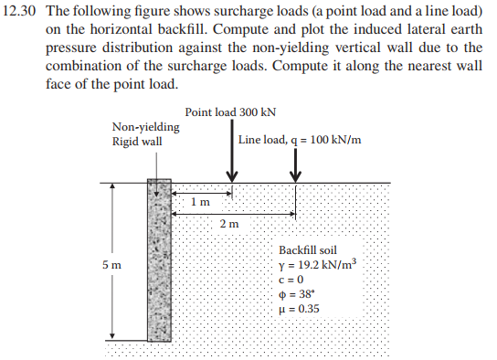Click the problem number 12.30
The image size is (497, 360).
(x=24, y=12)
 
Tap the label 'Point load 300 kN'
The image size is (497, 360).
(x=229, y=112)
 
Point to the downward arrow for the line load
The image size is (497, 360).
(x=295, y=164)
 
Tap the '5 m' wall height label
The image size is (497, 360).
(x=112, y=265)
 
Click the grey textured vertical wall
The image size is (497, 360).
(x=158, y=265)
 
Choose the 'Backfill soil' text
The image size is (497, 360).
(x=308, y=249)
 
